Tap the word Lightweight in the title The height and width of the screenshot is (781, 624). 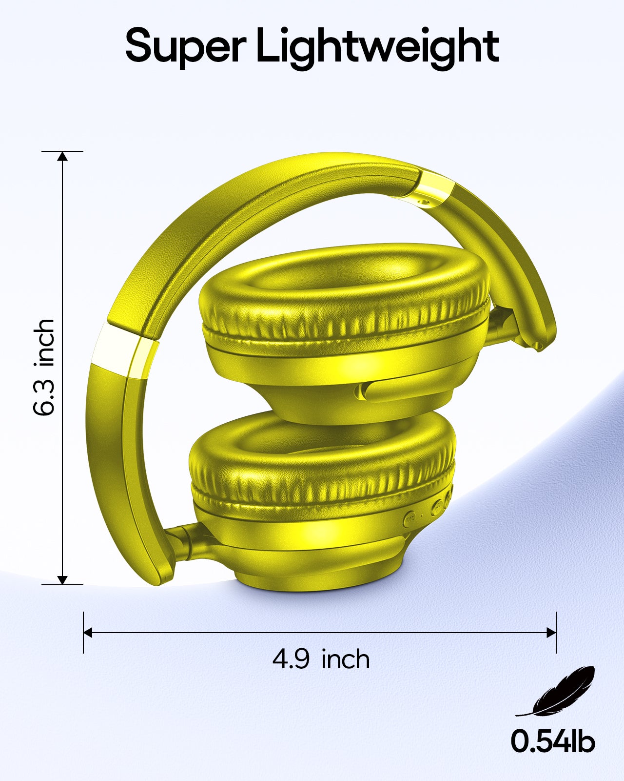(x=378, y=49)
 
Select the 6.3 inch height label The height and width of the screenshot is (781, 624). (x=44, y=367)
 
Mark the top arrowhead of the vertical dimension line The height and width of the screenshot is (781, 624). (x=62, y=156)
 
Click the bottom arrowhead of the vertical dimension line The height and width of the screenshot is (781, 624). (x=62, y=579)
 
